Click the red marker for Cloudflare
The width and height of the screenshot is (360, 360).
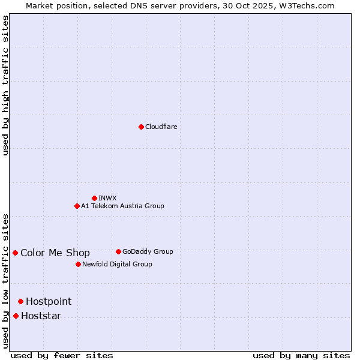point(141,127)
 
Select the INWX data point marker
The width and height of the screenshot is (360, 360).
point(94,198)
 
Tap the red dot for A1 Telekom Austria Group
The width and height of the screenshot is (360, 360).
point(77,206)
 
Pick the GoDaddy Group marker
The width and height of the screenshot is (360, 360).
point(118,251)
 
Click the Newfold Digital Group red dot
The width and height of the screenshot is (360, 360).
point(78,264)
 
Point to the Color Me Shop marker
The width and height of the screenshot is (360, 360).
point(15,253)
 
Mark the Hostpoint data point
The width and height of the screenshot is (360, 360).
point(20,301)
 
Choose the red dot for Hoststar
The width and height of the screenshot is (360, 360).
point(16,316)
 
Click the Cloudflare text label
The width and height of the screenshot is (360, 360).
point(161,127)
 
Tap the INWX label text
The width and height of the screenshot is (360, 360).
point(107,198)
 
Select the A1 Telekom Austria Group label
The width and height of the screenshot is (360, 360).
point(122,206)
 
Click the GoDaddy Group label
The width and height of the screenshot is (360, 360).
point(148,251)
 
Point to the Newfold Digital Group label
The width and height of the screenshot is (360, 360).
point(117,264)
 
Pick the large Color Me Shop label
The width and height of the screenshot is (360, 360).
point(55,253)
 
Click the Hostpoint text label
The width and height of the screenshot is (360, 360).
point(49,301)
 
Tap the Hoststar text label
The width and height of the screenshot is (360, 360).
point(41,316)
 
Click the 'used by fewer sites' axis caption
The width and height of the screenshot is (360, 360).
point(62,355)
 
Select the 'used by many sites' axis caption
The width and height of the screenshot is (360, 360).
point(301,355)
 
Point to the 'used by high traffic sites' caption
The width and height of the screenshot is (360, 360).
point(6,85)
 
